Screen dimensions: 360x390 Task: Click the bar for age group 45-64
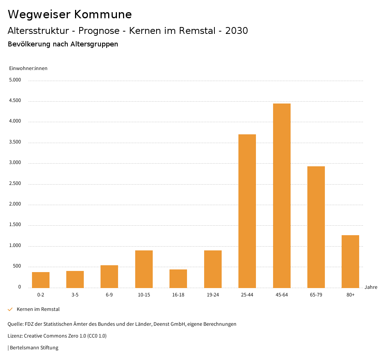click(281, 196)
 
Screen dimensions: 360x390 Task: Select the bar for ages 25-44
click(247, 211)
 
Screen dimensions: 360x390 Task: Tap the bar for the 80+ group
click(350, 261)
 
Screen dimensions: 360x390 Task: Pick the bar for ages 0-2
click(41, 280)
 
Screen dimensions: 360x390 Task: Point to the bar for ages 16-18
click(178, 279)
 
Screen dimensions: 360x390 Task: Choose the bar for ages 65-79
click(316, 227)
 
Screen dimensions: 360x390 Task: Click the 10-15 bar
click(144, 269)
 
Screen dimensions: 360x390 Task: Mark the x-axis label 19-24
click(213, 295)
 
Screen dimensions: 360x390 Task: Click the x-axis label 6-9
click(109, 295)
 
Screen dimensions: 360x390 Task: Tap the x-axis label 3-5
click(75, 295)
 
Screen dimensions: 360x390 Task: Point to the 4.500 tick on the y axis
click(15, 101)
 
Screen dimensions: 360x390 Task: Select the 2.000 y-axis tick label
click(15, 204)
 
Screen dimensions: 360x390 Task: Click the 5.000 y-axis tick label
click(15, 80)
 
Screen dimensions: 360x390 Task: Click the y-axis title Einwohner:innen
click(28, 68)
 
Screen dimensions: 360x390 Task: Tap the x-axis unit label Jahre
click(371, 287)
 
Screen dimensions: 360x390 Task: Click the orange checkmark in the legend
click(10, 309)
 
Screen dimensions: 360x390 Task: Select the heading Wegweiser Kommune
click(70, 14)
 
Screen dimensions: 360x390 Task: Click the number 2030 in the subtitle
click(237, 31)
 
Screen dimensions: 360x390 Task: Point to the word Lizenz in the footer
click(15, 336)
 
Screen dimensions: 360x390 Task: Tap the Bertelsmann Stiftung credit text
click(34, 348)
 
